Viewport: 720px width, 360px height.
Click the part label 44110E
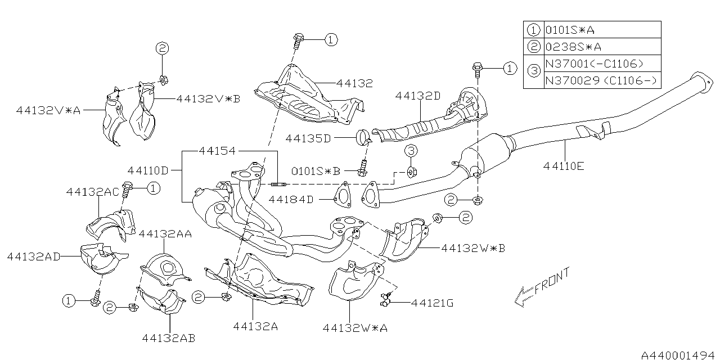coord(564,166)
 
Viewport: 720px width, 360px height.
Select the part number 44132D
coord(417,96)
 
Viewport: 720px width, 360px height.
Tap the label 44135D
coord(308,137)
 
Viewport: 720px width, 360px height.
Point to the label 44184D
coord(291,199)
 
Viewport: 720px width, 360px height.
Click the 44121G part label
coord(432,303)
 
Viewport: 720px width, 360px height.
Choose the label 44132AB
coord(169,337)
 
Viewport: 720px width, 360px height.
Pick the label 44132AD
coord(34,256)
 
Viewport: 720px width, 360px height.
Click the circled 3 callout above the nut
coord(411,151)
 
